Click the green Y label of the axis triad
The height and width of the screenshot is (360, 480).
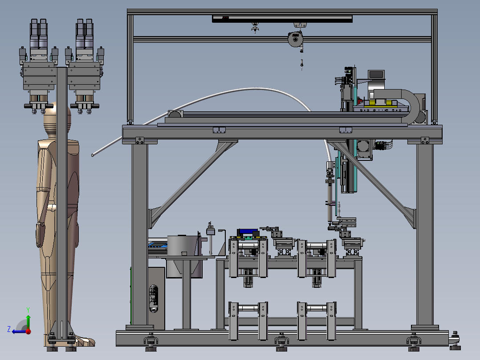28,310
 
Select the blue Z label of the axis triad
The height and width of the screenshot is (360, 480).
9,329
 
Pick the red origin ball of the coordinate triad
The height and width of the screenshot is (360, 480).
28,331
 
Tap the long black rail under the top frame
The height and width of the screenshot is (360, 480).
282,19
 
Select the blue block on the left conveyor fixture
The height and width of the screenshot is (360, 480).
248,232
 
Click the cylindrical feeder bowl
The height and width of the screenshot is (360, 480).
183,245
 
